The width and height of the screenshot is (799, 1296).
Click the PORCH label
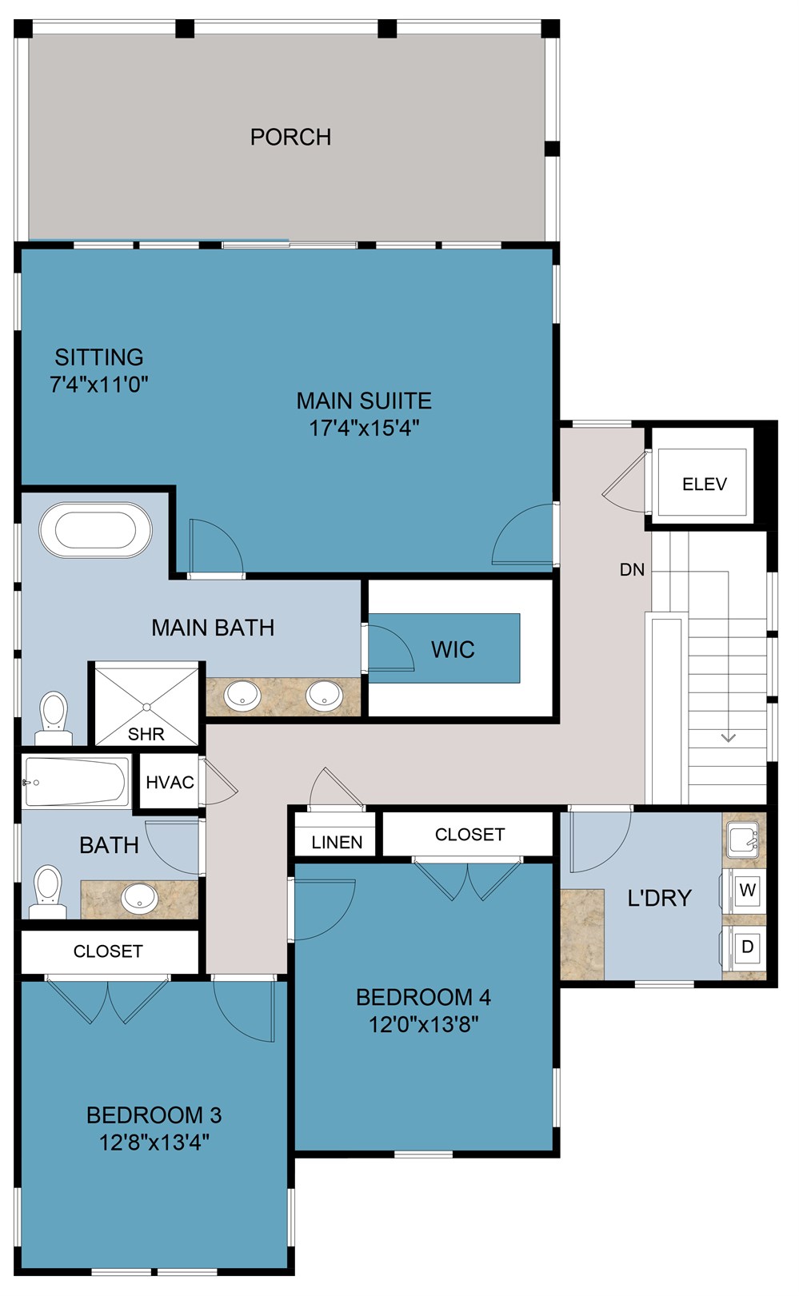[x=290, y=137]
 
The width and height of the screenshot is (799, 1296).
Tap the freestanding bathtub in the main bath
[x=95, y=529]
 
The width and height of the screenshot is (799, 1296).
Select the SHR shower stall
[x=146, y=704]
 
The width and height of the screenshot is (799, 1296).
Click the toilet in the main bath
[x=54, y=715]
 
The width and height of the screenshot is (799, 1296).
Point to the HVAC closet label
[x=170, y=782]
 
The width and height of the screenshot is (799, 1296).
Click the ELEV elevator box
[x=704, y=484]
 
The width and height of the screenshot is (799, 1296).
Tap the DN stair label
[x=632, y=570]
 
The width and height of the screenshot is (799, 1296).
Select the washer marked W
[x=748, y=890]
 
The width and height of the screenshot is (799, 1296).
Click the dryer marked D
[x=748, y=947]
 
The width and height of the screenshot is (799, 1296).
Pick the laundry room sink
[x=743, y=840]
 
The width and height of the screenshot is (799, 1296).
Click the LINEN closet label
[x=337, y=842]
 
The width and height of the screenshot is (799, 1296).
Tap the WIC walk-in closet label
[x=453, y=649]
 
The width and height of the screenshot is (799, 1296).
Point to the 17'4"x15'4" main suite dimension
[x=364, y=428]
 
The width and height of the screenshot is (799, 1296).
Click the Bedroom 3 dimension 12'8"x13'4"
[x=154, y=1142]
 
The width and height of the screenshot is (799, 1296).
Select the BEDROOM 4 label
[x=423, y=997]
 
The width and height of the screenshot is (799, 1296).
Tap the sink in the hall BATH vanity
[x=140, y=898]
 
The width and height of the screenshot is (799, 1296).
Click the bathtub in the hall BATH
[x=76, y=782]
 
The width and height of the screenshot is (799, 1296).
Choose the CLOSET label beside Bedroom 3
[x=108, y=951]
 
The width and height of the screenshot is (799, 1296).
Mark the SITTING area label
[x=99, y=357]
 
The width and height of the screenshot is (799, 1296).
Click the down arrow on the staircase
[x=728, y=737]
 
